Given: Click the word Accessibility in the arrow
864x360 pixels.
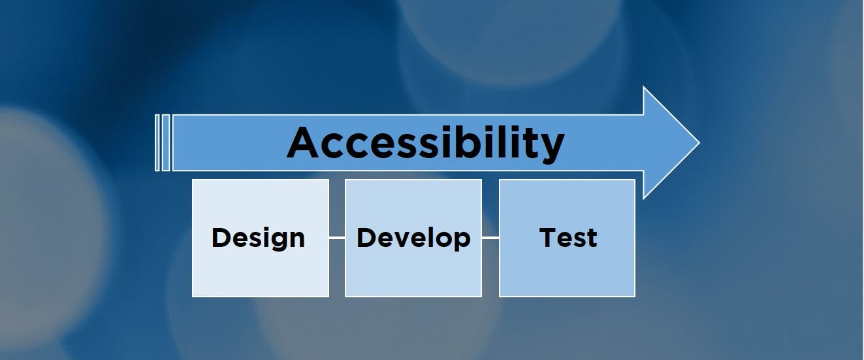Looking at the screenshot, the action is (x=426, y=143).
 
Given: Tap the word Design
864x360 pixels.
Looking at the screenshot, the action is (x=259, y=238).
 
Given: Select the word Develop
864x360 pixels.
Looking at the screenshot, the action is (x=413, y=238).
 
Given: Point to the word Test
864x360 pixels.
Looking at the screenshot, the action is (x=568, y=238).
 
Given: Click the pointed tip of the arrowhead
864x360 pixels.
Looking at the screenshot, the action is (x=699, y=143).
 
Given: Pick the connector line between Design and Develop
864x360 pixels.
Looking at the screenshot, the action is (x=337, y=238).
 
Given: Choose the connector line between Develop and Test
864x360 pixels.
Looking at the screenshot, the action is (x=490, y=238).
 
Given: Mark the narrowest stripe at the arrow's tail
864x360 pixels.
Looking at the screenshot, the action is (x=157, y=143).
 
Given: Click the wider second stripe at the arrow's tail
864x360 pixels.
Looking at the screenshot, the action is (x=166, y=143).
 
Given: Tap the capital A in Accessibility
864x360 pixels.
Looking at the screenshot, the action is (x=303, y=142).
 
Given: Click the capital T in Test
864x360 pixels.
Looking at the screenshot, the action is (x=548, y=237).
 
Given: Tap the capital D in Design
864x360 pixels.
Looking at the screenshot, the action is (x=221, y=237).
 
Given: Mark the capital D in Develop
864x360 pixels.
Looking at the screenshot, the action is (x=366, y=237).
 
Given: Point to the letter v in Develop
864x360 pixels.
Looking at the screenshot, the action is (x=405, y=240).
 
